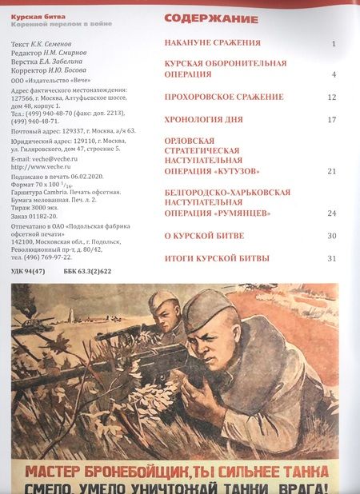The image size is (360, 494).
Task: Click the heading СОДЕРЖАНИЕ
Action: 211,18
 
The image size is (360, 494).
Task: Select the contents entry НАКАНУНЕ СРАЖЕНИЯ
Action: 212,42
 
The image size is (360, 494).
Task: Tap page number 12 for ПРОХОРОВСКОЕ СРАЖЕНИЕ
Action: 332,98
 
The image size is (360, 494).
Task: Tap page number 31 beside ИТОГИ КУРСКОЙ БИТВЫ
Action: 332,258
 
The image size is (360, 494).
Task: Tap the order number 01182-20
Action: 50,219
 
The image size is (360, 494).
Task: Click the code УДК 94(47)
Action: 29,271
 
